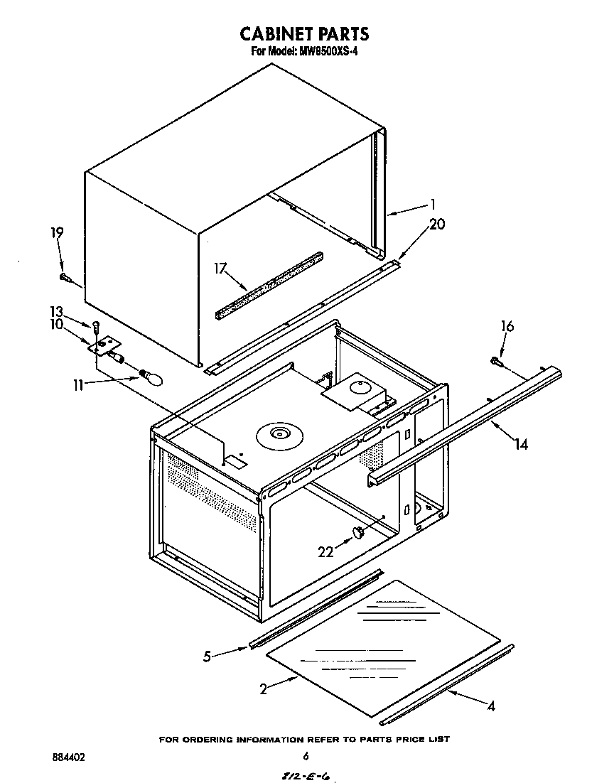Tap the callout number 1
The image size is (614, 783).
click(432, 205)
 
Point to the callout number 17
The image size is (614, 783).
click(220, 268)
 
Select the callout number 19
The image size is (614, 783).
click(57, 232)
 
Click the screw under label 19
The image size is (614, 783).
click(65, 276)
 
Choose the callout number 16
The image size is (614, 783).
click(507, 326)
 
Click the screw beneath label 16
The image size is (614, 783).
click(497, 362)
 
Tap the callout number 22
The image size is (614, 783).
click(325, 552)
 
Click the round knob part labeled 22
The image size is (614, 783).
click(360, 532)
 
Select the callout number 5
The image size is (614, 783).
click(207, 657)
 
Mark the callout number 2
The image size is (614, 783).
click(263, 688)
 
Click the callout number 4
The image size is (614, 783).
click(490, 706)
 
